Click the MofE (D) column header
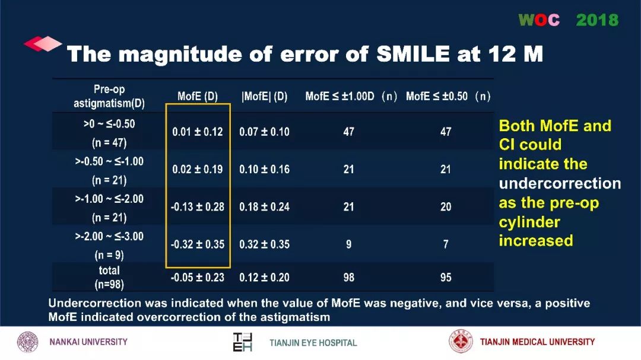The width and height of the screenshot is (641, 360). [198, 97]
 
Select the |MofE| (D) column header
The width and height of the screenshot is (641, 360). [264, 97]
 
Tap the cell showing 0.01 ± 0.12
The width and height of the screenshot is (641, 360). [198, 132]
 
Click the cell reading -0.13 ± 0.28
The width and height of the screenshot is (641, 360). [198, 206]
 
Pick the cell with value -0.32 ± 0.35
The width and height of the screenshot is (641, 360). [198, 244]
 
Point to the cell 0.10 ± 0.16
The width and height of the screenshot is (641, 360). [264, 169]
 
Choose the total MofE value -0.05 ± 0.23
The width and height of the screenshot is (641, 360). [198, 277]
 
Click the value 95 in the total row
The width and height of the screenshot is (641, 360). [446, 277]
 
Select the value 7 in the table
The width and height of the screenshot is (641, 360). [446, 244]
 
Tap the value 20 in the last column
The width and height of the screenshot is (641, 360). [446, 206]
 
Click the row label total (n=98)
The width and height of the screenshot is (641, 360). [109, 277]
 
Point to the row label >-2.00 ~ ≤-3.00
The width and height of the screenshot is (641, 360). [109, 237]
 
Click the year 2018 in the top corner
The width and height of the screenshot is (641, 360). [597, 20]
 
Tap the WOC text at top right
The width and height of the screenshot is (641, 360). [539, 20]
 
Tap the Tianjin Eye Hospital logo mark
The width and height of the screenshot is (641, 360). [242, 342]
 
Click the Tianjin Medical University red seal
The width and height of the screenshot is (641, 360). [461, 342]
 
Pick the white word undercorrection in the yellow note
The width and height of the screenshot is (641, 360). [560, 183]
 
